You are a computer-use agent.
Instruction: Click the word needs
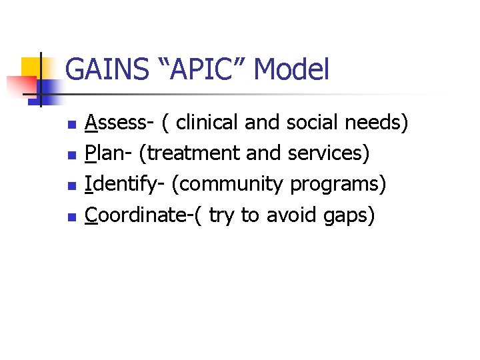379,123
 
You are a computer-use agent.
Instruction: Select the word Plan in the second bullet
107,153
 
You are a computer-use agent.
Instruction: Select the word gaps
346,215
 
